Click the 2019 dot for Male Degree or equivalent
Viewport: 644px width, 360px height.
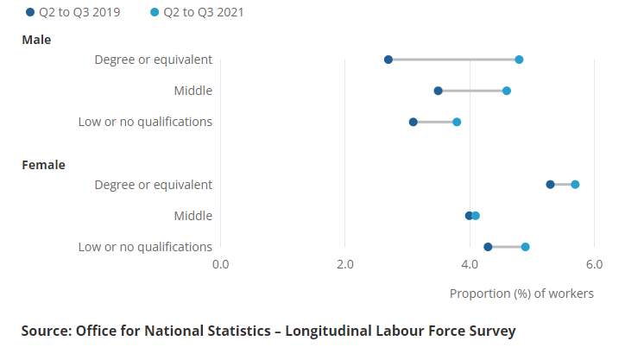(388, 60)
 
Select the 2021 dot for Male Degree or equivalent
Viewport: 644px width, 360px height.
(519, 60)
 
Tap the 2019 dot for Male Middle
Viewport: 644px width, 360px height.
(439, 91)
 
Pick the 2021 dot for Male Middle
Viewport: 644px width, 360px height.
(507, 91)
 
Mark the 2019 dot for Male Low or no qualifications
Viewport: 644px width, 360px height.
(414, 122)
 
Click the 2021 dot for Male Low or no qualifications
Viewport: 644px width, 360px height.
(457, 122)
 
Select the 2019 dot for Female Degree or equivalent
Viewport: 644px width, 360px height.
(550, 185)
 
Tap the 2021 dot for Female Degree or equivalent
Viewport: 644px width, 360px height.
(575, 185)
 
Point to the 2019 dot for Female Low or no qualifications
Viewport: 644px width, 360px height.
(488, 247)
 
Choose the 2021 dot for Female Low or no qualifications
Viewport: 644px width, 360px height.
(525, 247)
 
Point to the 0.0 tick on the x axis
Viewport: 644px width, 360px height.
(221, 264)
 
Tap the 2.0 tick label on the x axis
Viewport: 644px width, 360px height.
(345, 264)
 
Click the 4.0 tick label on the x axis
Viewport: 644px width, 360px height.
(470, 264)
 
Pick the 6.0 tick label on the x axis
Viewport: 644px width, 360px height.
(594, 264)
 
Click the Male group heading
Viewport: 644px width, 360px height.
(36, 40)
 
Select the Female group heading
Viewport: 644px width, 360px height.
(43, 165)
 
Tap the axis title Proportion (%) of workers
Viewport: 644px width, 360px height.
(521, 294)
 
